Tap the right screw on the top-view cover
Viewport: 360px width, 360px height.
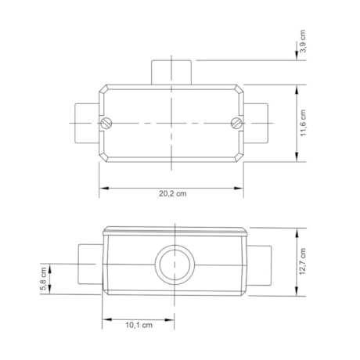[237, 123]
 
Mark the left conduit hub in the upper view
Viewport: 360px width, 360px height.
[85, 123]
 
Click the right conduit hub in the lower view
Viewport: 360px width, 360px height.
[257, 266]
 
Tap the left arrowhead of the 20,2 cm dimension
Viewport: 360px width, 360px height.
[102, 188]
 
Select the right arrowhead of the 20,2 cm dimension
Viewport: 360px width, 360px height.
[243, 188]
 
